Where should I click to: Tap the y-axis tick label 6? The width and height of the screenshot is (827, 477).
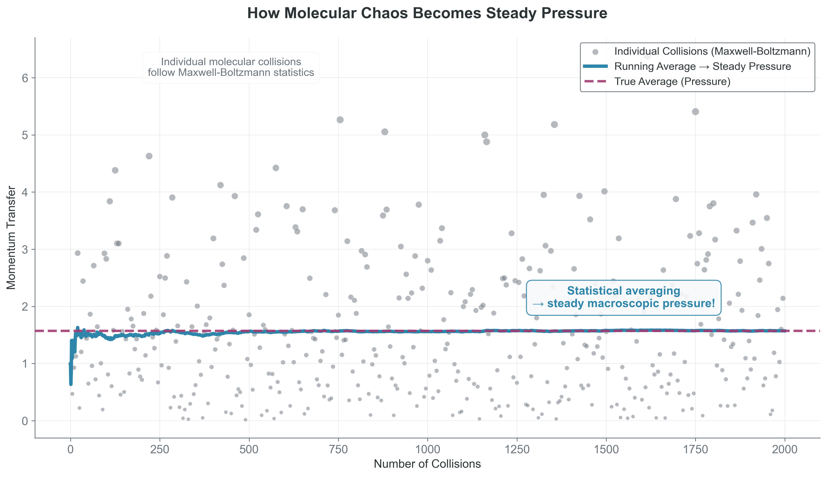point(25,78)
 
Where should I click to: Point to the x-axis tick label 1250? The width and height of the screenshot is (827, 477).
point(517,450)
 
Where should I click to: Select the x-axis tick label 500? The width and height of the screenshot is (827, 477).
point(249,450)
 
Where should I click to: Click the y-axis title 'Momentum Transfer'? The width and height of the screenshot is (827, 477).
point(11,238)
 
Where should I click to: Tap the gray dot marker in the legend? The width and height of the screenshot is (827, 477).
point(595,52)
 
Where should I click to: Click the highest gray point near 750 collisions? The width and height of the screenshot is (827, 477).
point(340,120)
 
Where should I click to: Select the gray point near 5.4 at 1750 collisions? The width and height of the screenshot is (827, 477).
point(695,112)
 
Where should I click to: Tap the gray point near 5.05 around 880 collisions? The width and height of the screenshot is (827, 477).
point(385,132)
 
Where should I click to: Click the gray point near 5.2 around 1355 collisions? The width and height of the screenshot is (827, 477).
point(554,124)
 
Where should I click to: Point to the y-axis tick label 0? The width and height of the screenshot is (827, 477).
point(25,421)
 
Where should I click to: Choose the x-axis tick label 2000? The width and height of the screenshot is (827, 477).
point(784,450)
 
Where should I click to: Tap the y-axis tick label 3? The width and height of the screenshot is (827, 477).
point(25,249)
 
